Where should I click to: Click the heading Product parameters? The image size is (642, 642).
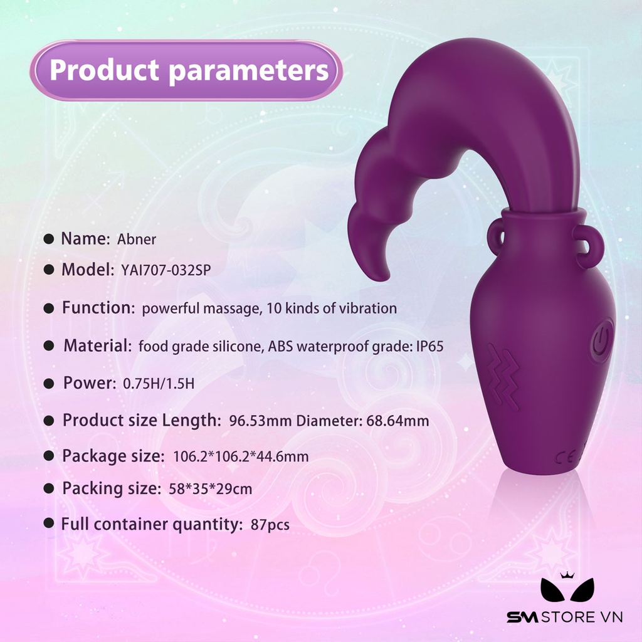(189, 70)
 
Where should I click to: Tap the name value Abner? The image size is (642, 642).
(136, 239)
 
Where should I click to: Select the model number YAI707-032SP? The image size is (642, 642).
(166, 270)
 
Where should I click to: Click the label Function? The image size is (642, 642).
(98, 307)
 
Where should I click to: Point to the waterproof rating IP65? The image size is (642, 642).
(430, 346)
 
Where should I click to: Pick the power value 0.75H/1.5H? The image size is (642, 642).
(159, 384)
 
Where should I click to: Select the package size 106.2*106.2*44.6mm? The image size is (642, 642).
(241, 456)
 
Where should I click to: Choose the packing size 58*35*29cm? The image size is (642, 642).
(211, 489)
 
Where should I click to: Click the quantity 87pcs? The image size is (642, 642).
(270, 525)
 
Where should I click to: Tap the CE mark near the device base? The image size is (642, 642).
(566, 457)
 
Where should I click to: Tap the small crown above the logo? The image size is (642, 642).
(567, 575)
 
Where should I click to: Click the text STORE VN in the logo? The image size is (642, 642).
(582, 617)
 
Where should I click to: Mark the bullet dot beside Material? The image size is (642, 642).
(49, 346)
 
